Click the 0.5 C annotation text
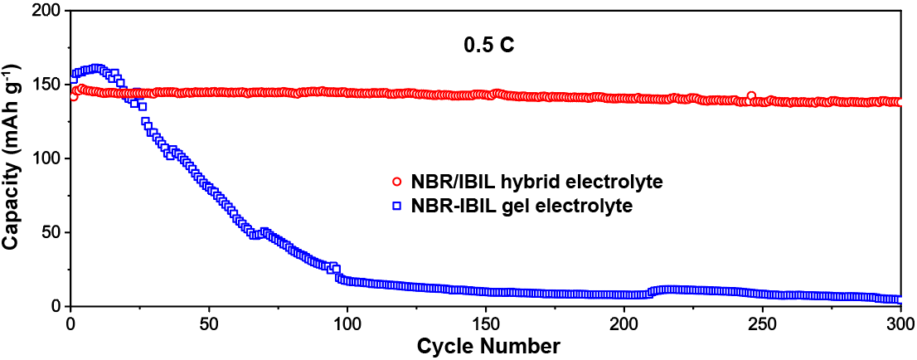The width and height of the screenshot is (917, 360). [488, 46]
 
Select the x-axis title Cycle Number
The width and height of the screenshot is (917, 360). [488, 343]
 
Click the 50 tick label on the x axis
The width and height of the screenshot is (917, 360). [209, 322]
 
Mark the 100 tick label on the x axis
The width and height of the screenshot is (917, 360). [347, 322]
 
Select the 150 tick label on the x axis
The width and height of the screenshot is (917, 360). [486, 322]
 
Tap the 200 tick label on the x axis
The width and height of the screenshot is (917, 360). [624, 322]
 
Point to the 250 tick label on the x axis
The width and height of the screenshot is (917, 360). [763, 322]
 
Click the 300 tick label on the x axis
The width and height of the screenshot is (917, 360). [900, 322]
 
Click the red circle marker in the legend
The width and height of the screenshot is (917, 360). [397, 182]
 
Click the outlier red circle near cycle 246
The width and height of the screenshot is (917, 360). [751, 96]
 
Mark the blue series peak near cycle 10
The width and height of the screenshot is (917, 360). [98, 69]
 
